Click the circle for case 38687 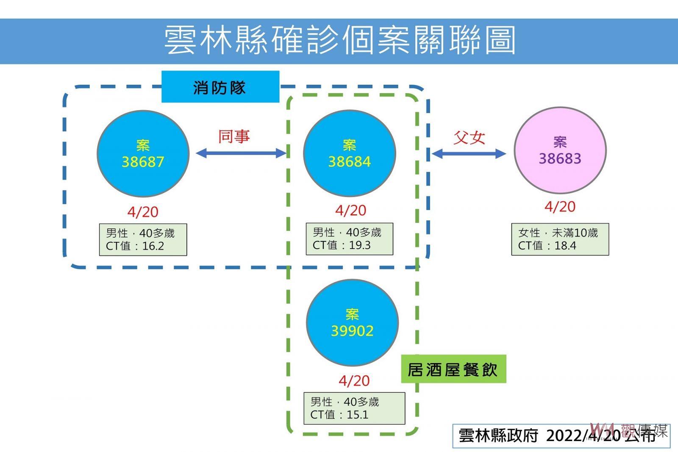[x=143, y=154]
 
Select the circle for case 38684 [x=350, y=153]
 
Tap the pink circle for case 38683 [x=560, y=150]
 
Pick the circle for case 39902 [x=352, y=322]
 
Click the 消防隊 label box [x=220, y=87]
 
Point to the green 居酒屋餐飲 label [x=453, y=369]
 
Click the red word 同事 [x=234, y=136]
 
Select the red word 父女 [x=469, y=138]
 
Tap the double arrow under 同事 [x=241, y=153]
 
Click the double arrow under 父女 [x=469, y=154]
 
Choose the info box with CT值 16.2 [x=143, y=240]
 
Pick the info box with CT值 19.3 [x=350, y=239]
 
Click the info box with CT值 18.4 [x=560, y=239]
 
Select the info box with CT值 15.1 [x=354, y=408]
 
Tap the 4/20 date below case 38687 [x=143, y=212]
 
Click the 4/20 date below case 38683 [x=560, y=207]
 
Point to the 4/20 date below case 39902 [x=354, y=381]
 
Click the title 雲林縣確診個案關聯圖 [x=339, y=40]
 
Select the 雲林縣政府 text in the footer [x=498, y=435]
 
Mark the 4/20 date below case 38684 [x=350, y=211]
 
